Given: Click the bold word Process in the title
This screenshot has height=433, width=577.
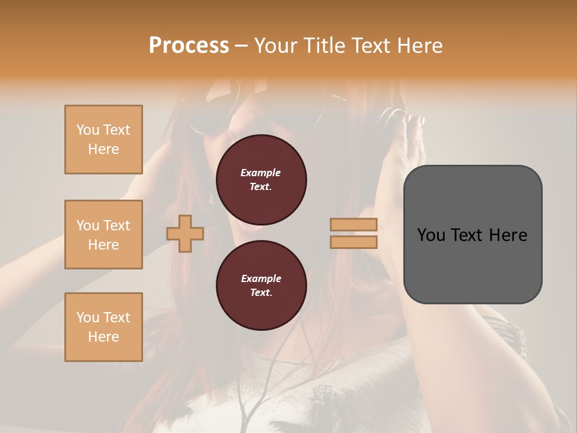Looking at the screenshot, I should [x=189, y=45].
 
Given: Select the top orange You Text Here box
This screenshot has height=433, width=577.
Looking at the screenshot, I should [x=103, y=140].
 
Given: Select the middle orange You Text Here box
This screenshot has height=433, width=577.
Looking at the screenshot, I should [x=103, y=235].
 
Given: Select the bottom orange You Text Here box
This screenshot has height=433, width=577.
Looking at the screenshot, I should [x=103, y=327].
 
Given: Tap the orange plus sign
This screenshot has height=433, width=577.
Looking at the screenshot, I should [x=185, y=233].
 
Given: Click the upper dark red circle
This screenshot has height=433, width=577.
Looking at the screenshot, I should [x=261, y=179].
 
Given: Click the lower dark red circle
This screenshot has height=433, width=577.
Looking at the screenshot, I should [x=261, y=285].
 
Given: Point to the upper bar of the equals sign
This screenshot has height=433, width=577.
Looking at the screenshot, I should [x=353, y=225].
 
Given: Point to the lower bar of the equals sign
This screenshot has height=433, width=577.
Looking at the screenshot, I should [x=353, y=242].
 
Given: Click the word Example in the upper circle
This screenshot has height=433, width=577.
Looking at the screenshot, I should [x=260, y=173].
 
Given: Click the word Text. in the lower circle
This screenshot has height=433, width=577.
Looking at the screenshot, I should [x=260, y=292].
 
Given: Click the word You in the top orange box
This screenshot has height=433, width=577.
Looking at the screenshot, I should [x=87, y=130].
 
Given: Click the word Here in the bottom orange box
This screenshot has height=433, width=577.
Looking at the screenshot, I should [x=103, y=337].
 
